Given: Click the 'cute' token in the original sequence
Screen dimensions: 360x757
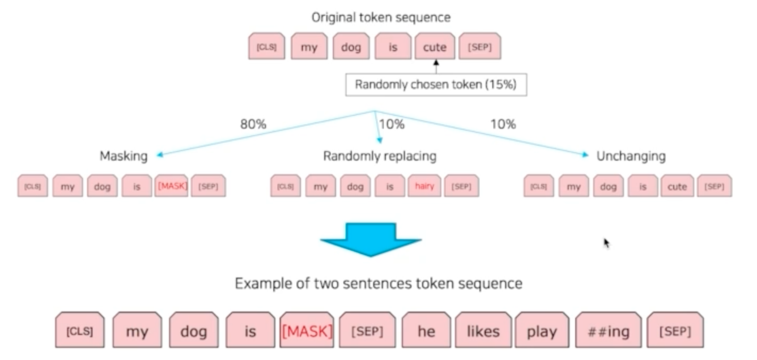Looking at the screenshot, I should pyautogui.click(x=434, y=47).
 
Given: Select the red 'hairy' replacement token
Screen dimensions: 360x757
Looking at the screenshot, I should pyautogui.click(x=424, y=187).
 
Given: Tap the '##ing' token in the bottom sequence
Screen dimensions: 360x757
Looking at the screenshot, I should pyautogui.click(x=609, y=331).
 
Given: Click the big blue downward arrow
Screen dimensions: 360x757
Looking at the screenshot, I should pyautogui.click(x=371, y=239).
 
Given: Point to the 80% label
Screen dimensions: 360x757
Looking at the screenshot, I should pyautogui.click(x=253, y=124).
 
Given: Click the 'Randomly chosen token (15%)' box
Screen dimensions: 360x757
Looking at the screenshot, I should pyautogui.click(x=436, y=85).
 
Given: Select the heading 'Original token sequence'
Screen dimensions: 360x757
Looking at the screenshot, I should pyautogui.click(x=381, y=17).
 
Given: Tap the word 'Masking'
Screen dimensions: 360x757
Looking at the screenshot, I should pyautogui.click(x=123, y=156).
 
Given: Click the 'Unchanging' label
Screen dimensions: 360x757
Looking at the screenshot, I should pyautogui.click(x=630, y=156).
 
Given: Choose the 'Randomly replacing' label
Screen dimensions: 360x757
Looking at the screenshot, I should pyautogui.click(x=380, y=156).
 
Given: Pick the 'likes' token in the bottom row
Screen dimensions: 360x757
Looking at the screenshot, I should pyautogui.click(x=483, y=331).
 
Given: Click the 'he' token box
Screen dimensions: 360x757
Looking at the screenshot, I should pyautogui.click(x=426, y=331).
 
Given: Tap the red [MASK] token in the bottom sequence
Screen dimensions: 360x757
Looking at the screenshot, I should pyautogui.click(x=307, y=331).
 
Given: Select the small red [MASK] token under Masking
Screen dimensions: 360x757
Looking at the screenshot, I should pyautogui.click(x=172, y=187).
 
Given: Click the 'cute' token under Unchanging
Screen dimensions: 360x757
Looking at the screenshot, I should pyautogui.click(x=677, y=187).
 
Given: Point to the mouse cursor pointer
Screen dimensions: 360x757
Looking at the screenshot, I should pyautogui.click(x=606, y=243).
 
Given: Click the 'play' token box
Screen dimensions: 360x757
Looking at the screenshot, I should pyautogui.click(x=542, y=331).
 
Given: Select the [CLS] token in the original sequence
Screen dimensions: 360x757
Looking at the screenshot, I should pyautogui.click(x=267, y=47).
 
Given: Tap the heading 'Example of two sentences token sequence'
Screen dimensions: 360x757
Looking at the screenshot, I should pyautogui.click(x=378, y=283).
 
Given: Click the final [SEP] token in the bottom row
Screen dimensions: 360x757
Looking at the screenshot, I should pyautogui.click(x=675, y=331).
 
